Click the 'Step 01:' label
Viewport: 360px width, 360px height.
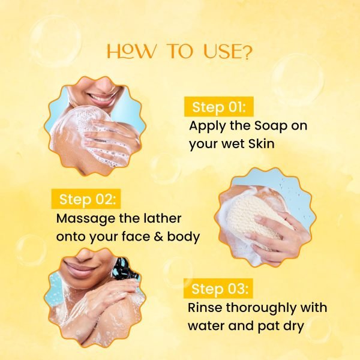[218, 108]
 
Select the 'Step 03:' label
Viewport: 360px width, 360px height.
[220, 290]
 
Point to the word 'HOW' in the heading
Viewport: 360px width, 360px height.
[128, 52]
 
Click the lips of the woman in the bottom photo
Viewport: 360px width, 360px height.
[80, 267]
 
